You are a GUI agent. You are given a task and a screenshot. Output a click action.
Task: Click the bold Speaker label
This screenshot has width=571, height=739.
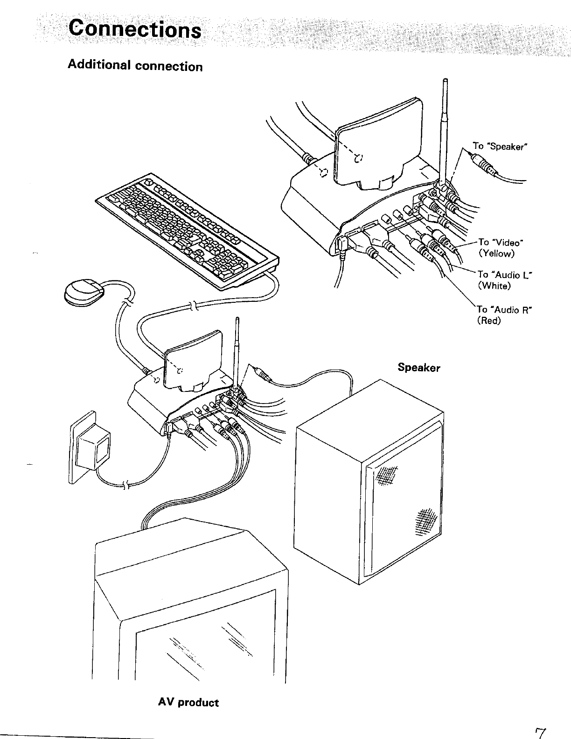pos(418,368)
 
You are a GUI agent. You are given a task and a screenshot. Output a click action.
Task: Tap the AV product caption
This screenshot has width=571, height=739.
pos(188,702)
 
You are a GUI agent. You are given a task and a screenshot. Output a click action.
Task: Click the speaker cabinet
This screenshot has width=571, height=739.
pos(369,485)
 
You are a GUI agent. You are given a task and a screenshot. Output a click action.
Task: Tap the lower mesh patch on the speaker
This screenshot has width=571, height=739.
pos(425,518)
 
